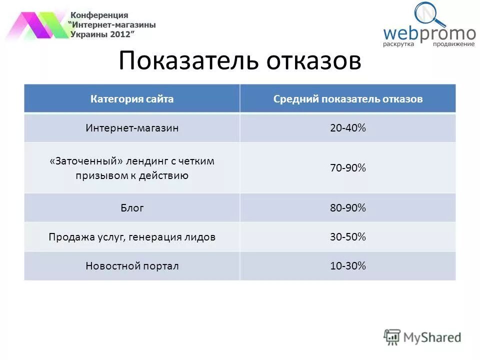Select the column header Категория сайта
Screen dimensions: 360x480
132,99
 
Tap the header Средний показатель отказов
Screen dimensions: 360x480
348,99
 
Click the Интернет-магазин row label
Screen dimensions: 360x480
132,128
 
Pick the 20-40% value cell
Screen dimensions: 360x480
348,128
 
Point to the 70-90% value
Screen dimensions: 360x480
348,168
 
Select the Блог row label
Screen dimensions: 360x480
132,208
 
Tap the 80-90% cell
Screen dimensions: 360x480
348,208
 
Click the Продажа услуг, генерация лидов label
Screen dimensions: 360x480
132,237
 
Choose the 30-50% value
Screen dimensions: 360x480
348,237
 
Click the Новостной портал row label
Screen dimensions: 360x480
132,266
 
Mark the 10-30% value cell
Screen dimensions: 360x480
348,266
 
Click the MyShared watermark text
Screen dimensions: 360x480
432,337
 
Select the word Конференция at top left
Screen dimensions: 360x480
99,15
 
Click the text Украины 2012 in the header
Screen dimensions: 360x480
102,34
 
